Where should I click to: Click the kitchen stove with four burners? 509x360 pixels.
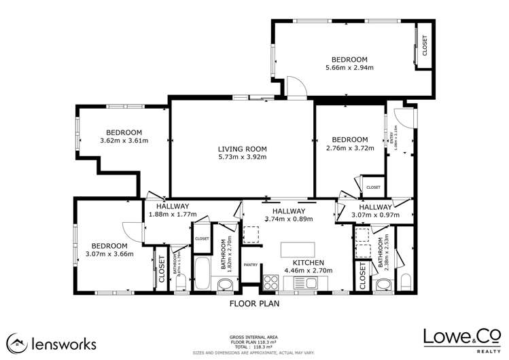point(271,280)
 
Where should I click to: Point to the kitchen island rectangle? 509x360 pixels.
point(298,249)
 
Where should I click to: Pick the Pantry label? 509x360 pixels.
point(250,265)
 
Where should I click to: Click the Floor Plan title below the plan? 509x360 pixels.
point(254,304)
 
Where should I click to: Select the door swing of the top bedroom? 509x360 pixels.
point(296,86)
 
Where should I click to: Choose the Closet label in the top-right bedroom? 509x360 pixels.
point(425,46)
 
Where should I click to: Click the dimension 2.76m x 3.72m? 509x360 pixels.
point(350,148)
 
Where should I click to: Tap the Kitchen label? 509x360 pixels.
point(308,262)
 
